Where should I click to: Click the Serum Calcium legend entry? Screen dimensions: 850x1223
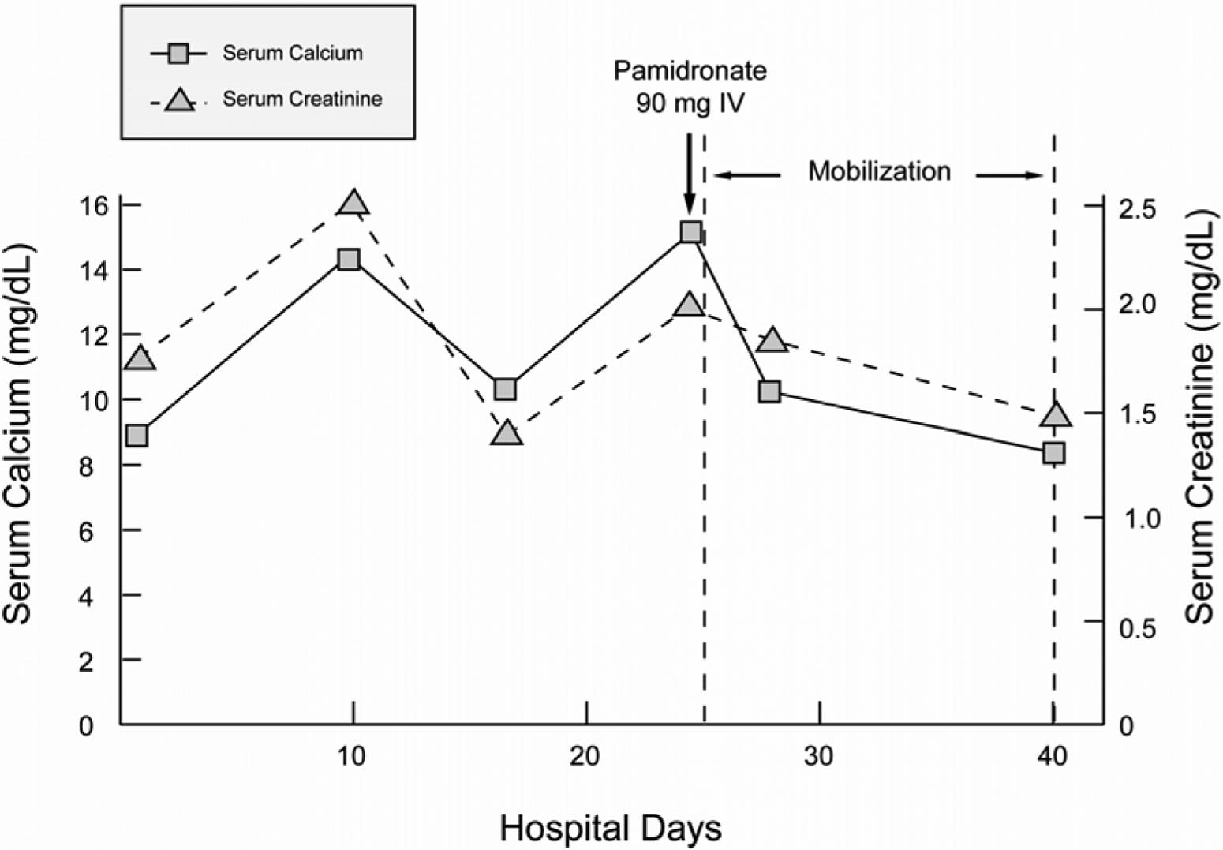(292, 54)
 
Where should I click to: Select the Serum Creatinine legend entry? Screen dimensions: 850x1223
(301, 99)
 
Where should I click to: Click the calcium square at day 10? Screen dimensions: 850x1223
(349, 259)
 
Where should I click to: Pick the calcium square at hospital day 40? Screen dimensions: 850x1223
(1053, 452)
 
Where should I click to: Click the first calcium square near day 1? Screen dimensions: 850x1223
(137, 435)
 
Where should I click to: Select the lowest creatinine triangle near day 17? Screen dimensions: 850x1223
(506, 433)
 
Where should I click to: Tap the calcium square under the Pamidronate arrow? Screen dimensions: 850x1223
(690, 232)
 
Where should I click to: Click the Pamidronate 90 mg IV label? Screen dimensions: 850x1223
(690, 87)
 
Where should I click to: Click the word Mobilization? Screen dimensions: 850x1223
(879, 171)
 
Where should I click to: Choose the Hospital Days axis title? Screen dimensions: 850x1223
(611, 829)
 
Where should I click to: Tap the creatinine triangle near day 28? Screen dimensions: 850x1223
(772, 340)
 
